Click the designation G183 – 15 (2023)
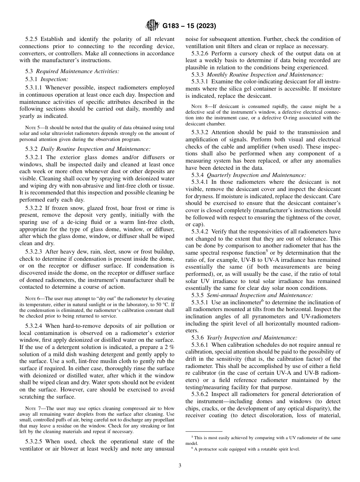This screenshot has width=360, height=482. coord(189,26)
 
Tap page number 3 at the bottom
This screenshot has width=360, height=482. coord(180,466)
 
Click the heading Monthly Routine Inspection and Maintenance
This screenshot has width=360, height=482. coord(265,75)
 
